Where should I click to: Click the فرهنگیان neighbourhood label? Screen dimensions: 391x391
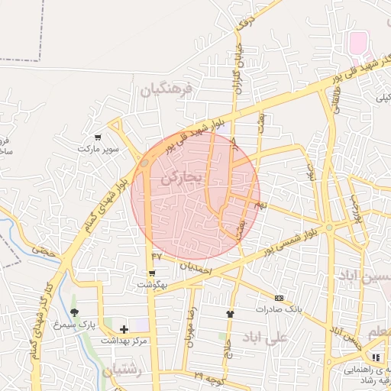coord(168,90)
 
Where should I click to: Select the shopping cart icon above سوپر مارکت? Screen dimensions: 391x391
coord(99,137)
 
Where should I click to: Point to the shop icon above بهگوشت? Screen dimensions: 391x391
coord(153,273)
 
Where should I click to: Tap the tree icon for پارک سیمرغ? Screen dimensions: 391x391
coord(74,312)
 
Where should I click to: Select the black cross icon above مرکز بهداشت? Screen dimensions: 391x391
coord(124,329)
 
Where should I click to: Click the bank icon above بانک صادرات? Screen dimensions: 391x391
coord(279,298)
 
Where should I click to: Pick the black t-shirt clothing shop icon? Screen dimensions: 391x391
coord(230,314)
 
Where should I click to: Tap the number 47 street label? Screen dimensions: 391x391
coord(157,256)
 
